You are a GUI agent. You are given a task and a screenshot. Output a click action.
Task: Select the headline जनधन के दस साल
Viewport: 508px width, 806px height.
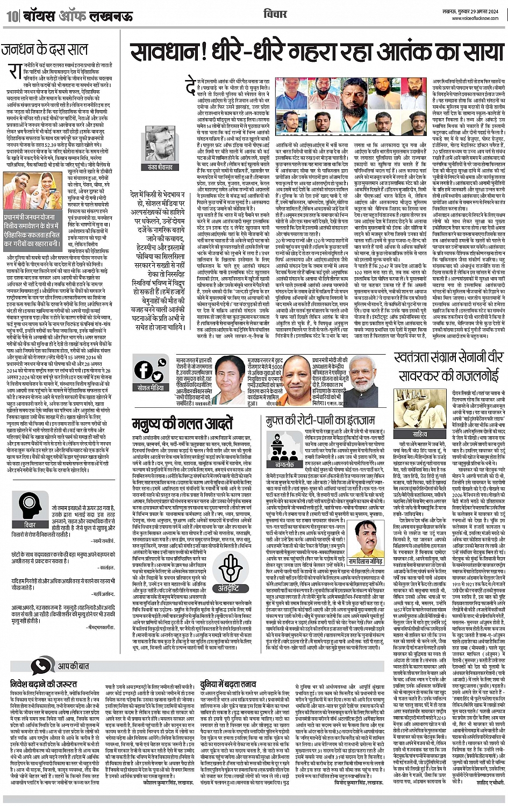tap(45, 50)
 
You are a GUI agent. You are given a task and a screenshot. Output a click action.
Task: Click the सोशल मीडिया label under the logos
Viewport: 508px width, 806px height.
tap(152, 387)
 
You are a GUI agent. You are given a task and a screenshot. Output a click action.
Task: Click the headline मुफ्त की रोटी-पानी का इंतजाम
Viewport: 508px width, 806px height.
tap(328, 420)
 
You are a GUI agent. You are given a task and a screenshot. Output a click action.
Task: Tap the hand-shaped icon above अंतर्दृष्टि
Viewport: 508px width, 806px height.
tap(231, 570)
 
